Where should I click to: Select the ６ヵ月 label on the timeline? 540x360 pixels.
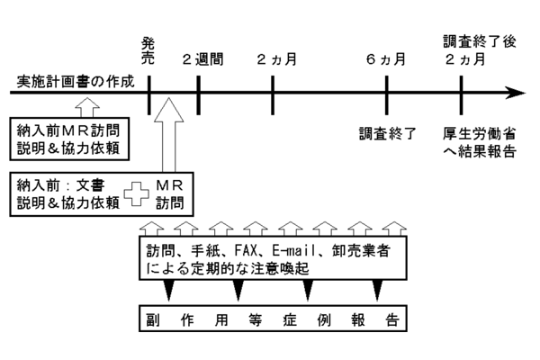385,60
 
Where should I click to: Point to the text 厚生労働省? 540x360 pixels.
486,131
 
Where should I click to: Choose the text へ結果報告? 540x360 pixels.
486,150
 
